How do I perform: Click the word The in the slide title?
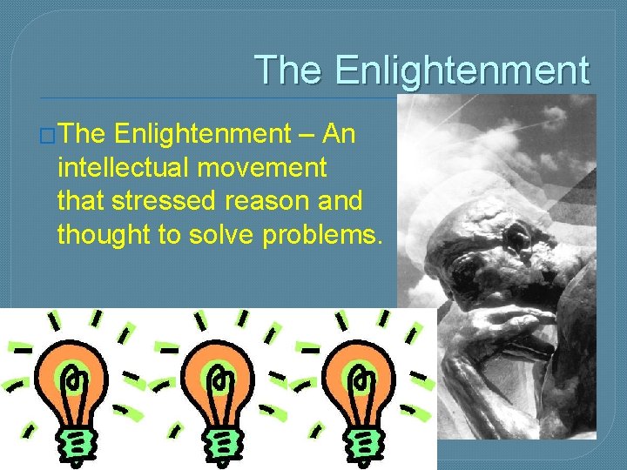288,70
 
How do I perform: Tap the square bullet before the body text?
49,135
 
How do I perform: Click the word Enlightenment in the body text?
202,133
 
